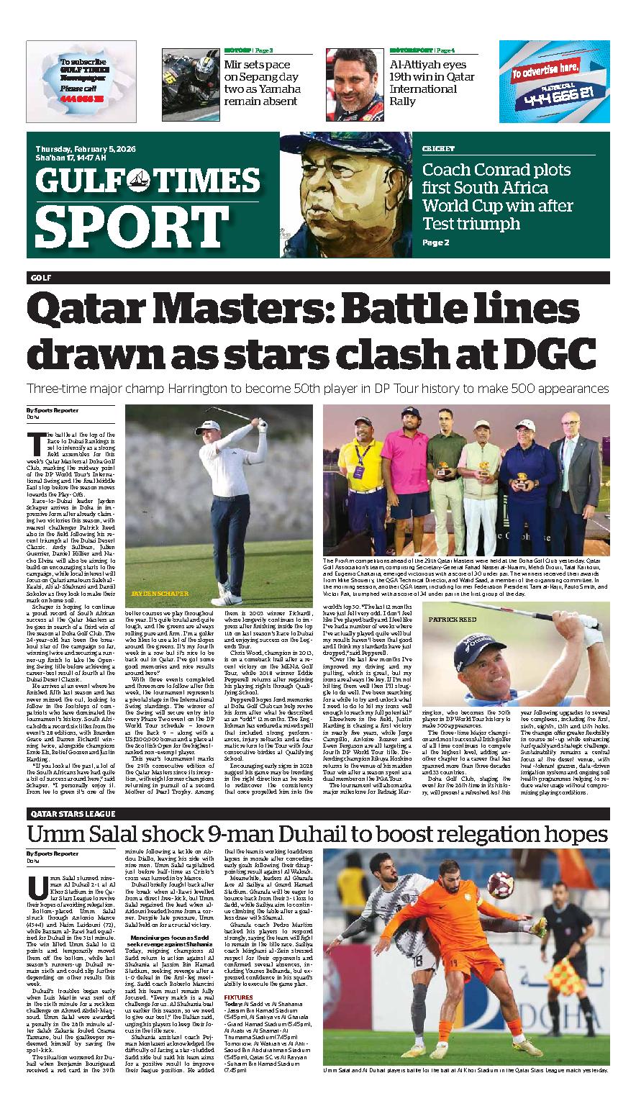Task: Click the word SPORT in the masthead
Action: click(122, 227)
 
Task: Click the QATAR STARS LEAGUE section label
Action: click(73, 813)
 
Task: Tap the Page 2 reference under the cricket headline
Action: click(435, 243)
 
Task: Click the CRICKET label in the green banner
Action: click(438, 148)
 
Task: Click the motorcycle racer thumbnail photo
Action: click(190, 85)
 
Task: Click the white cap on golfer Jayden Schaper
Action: click(208, 429)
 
